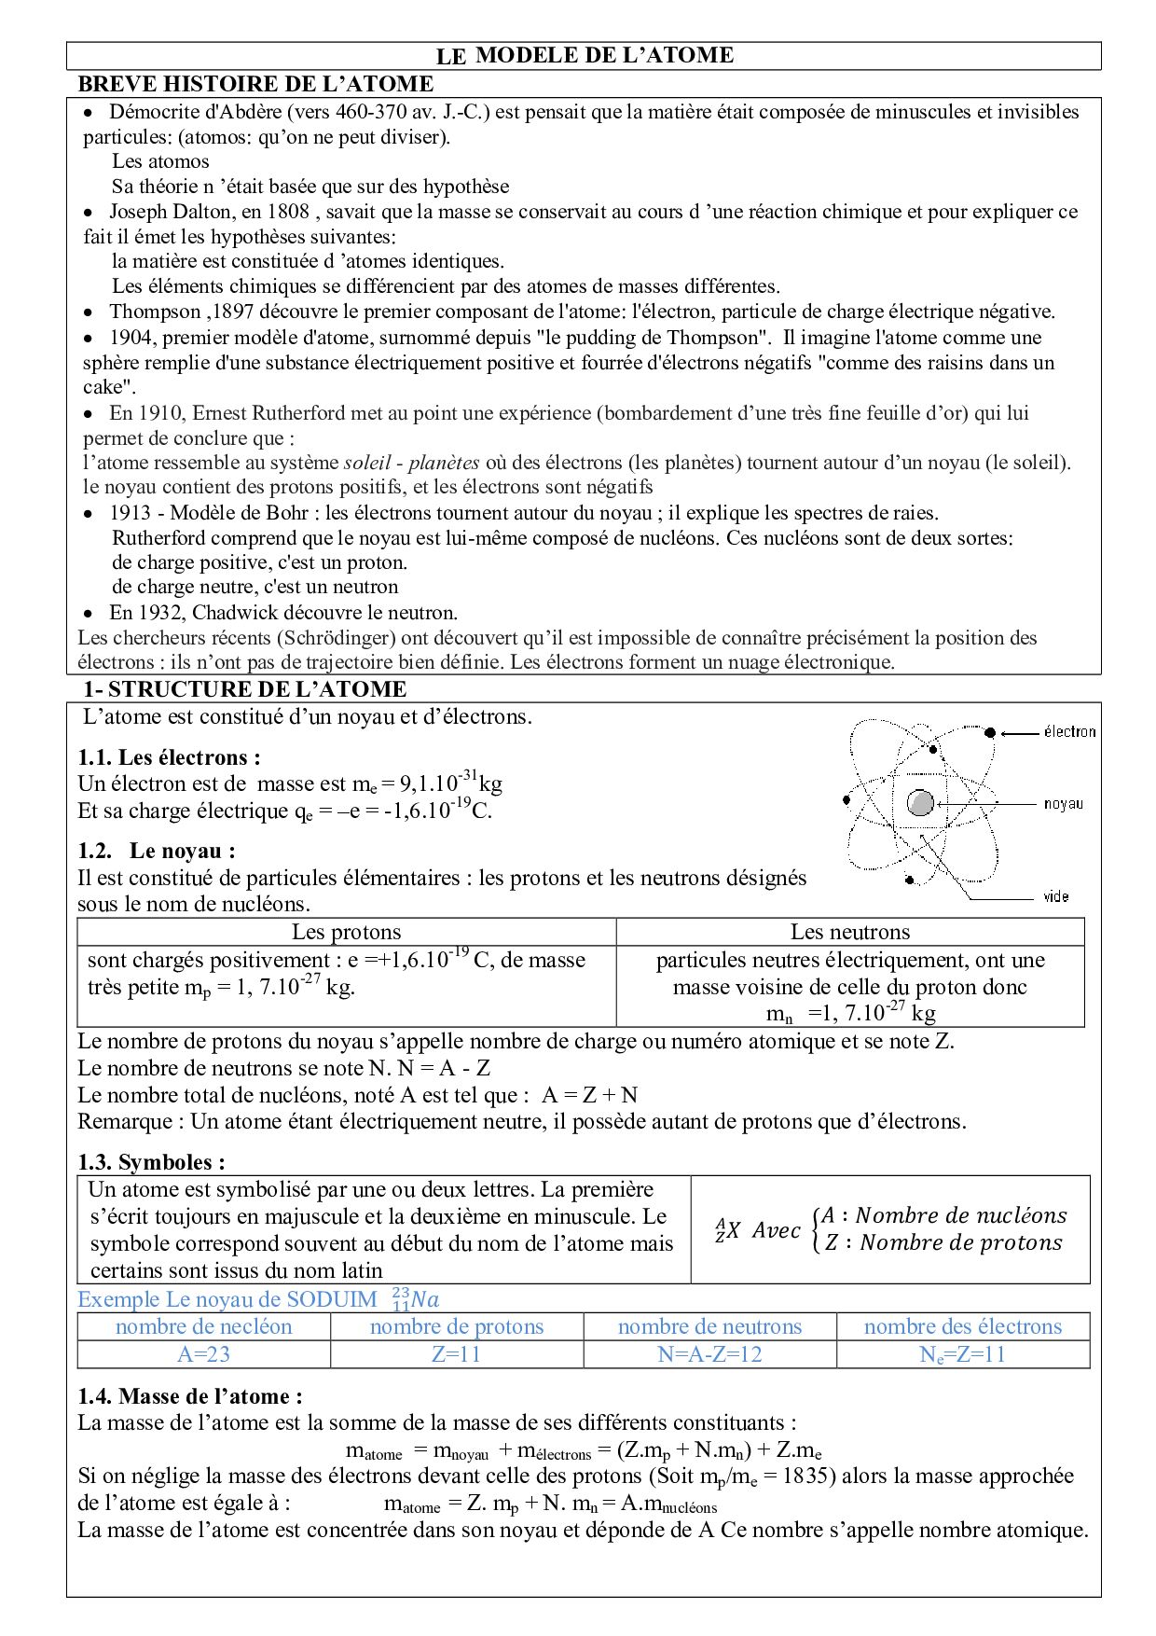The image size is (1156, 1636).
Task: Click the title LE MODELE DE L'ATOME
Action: [585, 56]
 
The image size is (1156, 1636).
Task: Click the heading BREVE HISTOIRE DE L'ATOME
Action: [255, 84]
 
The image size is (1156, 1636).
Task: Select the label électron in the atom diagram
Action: [1069, 732]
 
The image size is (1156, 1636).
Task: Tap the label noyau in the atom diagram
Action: [1063, 804]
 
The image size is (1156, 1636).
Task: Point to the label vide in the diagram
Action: [1055, 897]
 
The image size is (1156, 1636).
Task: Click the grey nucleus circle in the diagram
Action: [920, 803]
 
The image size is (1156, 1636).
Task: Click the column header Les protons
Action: [346, 932]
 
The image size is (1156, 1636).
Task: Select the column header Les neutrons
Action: [849, 932]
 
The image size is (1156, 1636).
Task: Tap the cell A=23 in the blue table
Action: [203, 1354]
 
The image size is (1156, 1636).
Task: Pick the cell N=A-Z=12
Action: [709, 1354]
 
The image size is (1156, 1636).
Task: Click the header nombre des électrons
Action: [962, 1326]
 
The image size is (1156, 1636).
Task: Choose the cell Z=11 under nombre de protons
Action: [456, 1354]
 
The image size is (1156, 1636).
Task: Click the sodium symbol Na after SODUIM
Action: [425, 1299]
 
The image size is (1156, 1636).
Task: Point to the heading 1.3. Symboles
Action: [151, 1162]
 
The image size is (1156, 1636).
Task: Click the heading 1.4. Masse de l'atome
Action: [189, 1396]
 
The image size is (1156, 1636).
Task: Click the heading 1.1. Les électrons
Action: [169, 757]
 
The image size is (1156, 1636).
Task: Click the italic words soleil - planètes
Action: [411, 463]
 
